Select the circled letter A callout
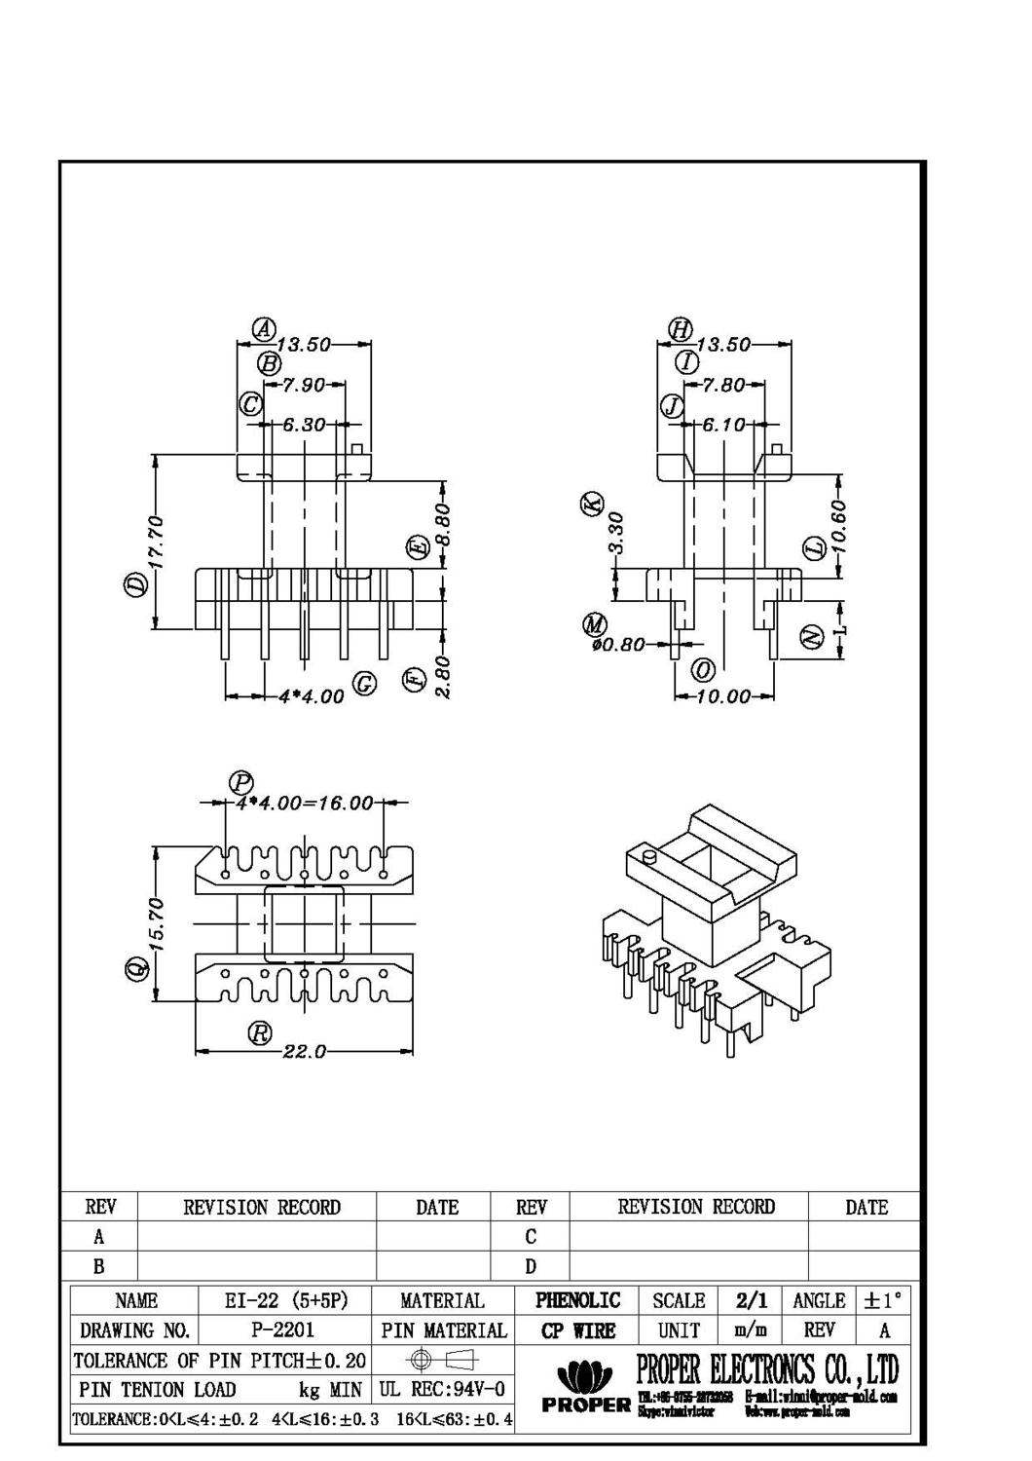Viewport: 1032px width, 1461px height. pyautogui.click(x=262, y=330)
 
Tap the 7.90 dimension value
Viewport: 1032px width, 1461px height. pyautogui.click(x=305, y=386)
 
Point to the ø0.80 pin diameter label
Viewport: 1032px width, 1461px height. pyautogui.click(x=618, y=644)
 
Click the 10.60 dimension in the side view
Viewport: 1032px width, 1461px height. pyautogui.click(x=840, y=526)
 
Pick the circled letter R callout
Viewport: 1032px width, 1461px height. pyautogui.click(x=259, y=1033)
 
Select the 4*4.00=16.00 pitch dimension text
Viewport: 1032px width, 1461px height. pyautogui.click(x=304, y=804)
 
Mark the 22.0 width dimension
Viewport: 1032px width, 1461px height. pyautogui.click(x=304, y=1052)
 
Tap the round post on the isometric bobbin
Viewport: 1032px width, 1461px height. pyautogui.click(x=649, y=857)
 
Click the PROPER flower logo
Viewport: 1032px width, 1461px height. pyautogui.click(x=584, y=1377)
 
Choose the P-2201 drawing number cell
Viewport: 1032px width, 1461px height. pyautogui.click(x=283, y=1330)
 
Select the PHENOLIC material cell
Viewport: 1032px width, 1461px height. pyautogui.click(x=577, y=1300)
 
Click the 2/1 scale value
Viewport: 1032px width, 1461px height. pyautogui.click(x=751, y=1300)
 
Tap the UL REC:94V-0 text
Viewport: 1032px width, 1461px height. pyautogui.click(x=441, y=1389)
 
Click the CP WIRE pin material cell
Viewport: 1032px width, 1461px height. pyautogui.click(x=577, y=1330)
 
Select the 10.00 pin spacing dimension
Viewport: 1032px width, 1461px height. pyautogui.click(x=725, y=696)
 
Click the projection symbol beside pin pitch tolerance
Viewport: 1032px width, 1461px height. pyautogui.click(x=442, y=1360)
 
